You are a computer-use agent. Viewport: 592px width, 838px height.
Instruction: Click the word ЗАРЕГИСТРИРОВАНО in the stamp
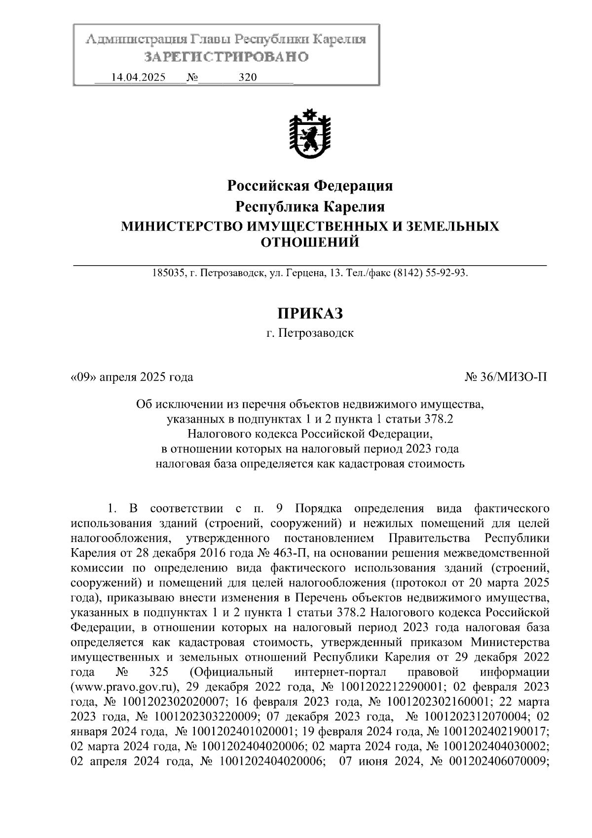click(226, 57)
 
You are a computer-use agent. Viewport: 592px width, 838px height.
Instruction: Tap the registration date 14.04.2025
click(139, 78)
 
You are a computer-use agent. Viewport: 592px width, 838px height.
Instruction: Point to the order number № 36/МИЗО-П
click(506, 378)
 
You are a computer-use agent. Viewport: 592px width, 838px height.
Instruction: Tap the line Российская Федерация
click(310, 186)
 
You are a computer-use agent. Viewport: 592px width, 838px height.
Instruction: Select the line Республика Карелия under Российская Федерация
click(310, 206)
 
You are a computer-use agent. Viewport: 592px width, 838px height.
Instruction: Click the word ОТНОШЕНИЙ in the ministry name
click(310, 242)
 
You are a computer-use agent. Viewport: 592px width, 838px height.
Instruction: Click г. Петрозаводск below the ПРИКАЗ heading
click(310, 333)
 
